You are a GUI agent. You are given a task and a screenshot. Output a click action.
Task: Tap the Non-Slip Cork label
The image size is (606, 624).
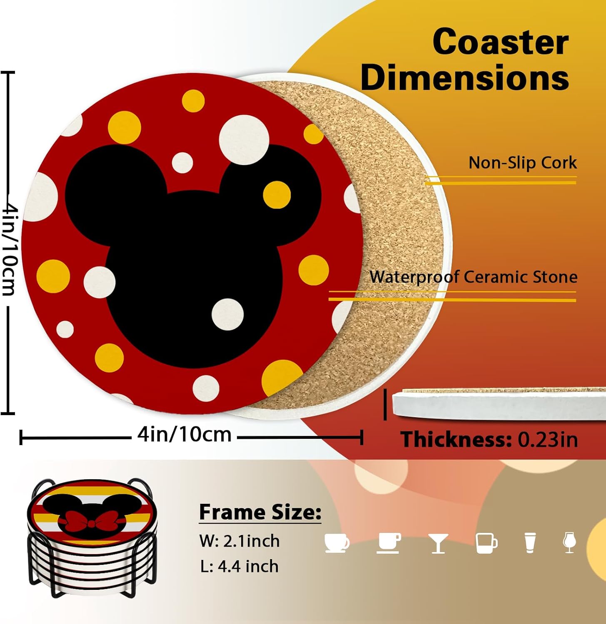pos(523,163)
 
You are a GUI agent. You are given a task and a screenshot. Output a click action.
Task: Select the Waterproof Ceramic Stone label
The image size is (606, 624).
pos(473,277)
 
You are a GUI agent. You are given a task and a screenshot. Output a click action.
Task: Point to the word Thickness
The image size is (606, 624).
pos(456,440)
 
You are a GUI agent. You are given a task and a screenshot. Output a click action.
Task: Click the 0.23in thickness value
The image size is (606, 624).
pos(548,440)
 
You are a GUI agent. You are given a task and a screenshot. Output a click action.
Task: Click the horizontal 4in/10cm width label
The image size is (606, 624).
pos(185,435)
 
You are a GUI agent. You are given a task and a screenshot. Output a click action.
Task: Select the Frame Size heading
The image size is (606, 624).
pos(260,512)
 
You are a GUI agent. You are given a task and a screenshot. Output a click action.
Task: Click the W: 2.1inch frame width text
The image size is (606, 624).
pos(239,541)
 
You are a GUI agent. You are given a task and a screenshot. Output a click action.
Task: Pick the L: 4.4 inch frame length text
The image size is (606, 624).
pos(239,567)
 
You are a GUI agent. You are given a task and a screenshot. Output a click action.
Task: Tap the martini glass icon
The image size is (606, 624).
pos(438,543)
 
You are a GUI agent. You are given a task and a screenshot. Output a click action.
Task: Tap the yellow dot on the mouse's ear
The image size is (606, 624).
pos(277,195)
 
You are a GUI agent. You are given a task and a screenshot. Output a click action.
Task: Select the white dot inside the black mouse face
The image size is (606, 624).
pos(227,314)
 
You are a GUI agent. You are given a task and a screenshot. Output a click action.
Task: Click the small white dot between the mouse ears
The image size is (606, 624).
pos(182,163)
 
